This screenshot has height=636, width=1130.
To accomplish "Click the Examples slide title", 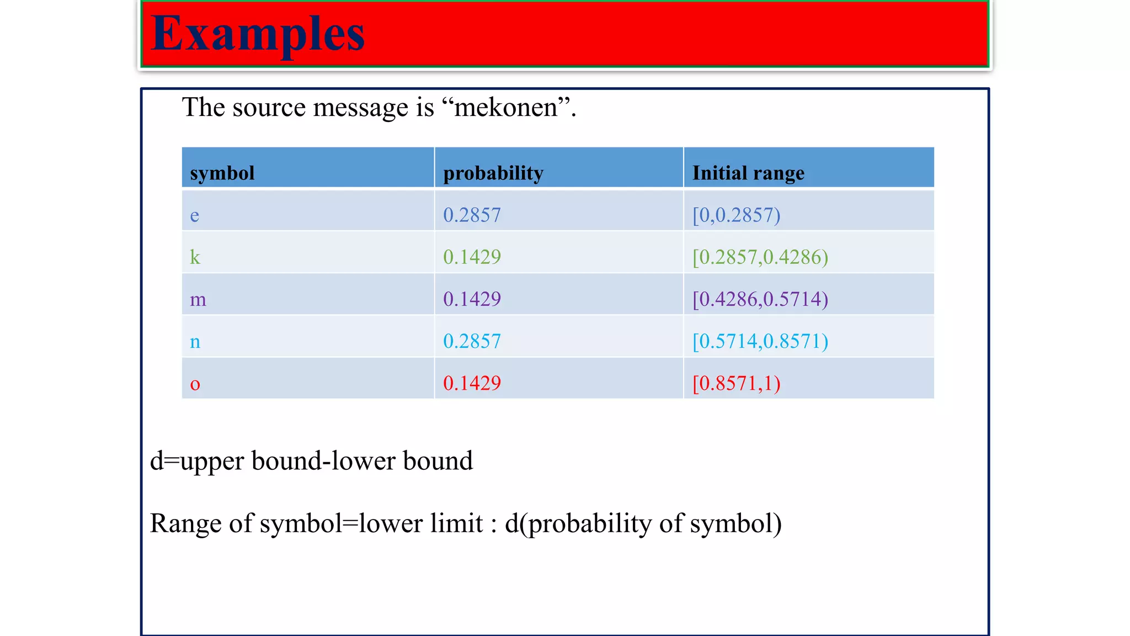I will point(258,34).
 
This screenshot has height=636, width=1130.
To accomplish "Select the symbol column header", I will point(222,173).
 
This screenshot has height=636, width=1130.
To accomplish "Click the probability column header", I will point(493,173).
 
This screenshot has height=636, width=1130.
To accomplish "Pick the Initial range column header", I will point(748,173).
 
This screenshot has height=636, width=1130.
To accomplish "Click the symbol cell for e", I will point(195,215).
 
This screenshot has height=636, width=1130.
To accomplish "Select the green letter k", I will point(195,257).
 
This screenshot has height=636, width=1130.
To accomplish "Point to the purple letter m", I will point(198,299).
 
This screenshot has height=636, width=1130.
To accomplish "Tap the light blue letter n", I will point(195,342).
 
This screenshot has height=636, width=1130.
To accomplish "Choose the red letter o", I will point(195,384).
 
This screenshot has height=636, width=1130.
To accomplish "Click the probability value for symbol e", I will point(472,215).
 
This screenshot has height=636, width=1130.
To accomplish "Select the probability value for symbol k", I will point(472,257).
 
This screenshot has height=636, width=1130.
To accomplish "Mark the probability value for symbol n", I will point(472,342).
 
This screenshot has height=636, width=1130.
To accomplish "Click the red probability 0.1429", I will point(472,384).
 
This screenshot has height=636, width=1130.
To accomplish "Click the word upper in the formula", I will point(212,462).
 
